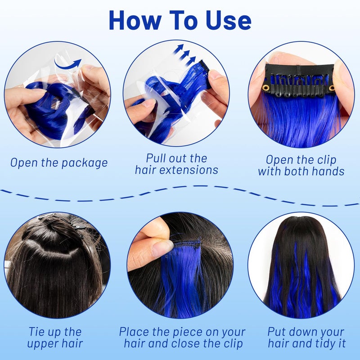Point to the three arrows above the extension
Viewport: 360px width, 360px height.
185,53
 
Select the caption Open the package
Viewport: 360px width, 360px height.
59,163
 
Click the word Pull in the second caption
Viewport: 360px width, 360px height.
156,158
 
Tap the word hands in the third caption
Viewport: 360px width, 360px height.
328,171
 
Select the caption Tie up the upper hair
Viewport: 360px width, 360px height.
55,338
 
